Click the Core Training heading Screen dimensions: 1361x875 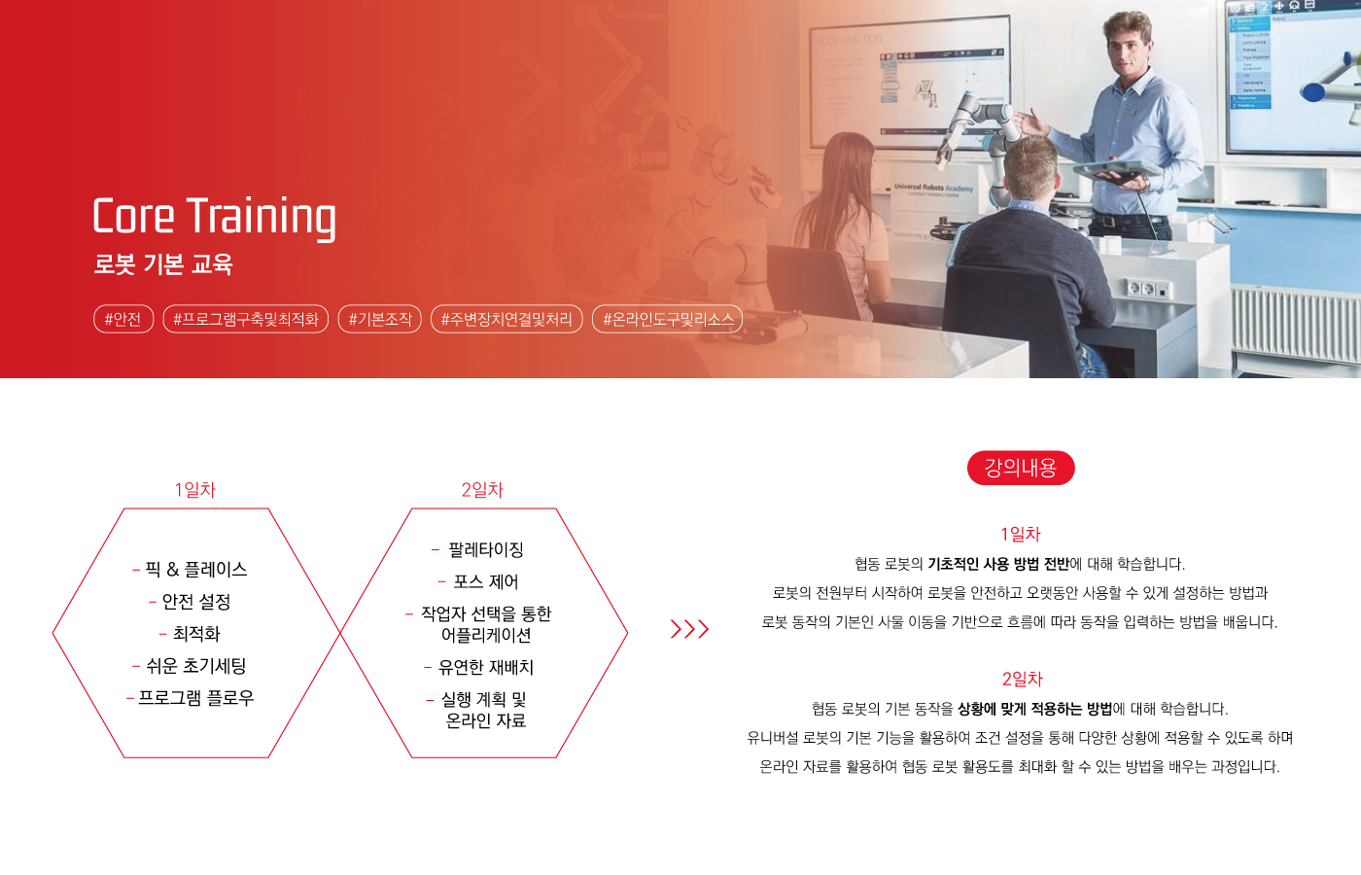tap(214, 217)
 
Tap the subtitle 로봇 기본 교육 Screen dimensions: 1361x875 tap(163, 263)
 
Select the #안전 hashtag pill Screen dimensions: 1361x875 tap(123, 319)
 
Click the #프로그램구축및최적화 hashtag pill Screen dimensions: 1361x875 tap(245, 319)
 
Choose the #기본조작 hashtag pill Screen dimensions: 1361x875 tap(380, 319)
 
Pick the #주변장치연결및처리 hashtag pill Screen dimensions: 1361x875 tap(506, 319)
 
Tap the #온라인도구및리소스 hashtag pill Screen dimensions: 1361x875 tap(667, 319)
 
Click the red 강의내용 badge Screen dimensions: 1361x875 tap(1021, 468)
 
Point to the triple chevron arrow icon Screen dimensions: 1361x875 tap(689, 629)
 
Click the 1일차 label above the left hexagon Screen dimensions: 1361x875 tap(195, 490)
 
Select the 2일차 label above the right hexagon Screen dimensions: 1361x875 tap(482, 490)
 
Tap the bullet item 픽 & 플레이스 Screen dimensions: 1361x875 tap(196, 570)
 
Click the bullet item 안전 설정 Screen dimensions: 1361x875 tap(196, 602)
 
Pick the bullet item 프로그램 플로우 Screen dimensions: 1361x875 tap(196, 698)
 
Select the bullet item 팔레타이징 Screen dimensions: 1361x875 tap(486, 550)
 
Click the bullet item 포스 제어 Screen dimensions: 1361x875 tap(486, 582)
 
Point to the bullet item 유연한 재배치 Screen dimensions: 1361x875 tap(486, 667)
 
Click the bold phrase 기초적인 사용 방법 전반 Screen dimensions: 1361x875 tap(998, 564)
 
